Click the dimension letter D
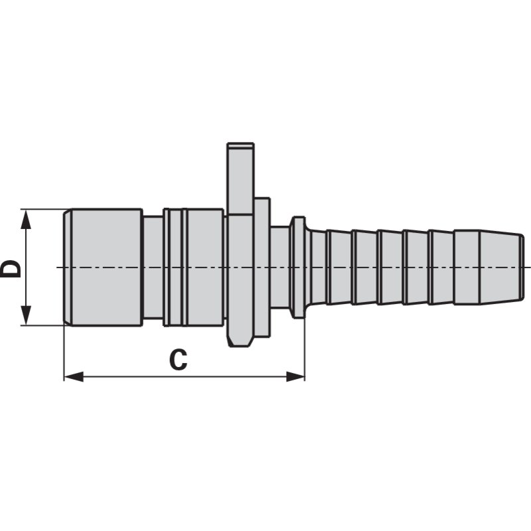tap(11, 267)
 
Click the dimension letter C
tap(177, 360)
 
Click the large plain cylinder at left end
tap(106, 267)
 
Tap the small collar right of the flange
tap(298, 267)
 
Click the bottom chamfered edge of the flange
tap(240, 341)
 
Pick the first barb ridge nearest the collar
tap(320, 267)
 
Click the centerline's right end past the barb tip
tap(529, 267)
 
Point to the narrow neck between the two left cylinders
tap(153, 267)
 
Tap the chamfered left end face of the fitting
tap(67, 267)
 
